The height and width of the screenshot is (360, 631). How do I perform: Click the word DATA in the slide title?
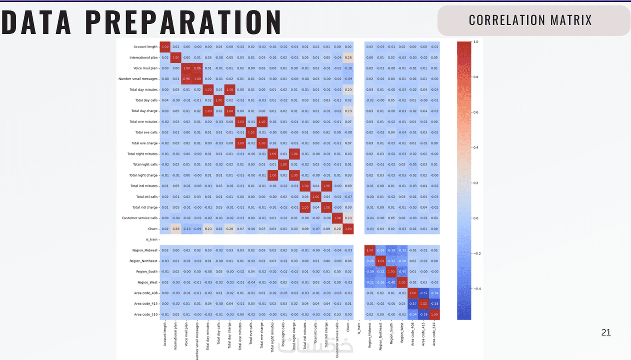coord(36,22)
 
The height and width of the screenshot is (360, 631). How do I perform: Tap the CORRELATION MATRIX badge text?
coord(530,20)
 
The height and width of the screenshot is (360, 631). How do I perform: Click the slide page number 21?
coord(606,333)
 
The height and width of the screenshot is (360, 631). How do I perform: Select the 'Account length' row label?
coord(146,47)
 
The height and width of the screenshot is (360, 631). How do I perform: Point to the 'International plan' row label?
coord(143,58)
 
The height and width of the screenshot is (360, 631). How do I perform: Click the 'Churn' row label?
coord(153,229)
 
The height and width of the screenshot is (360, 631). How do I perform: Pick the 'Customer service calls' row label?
coord(140,218)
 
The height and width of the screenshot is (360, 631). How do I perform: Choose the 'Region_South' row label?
coord(147,272)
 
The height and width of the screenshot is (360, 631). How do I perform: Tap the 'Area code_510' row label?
coord(146,314)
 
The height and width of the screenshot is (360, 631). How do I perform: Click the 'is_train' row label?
coord(151,240)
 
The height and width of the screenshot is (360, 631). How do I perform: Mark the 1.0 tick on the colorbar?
coord(476,42)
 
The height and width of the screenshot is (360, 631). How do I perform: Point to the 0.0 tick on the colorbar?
coord(476,218)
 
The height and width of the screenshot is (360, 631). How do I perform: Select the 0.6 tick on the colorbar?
coord(476,112)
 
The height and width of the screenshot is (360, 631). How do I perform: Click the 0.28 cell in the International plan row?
coord(348,58)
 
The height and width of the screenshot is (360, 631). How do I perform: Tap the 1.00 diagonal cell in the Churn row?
coord(348,229)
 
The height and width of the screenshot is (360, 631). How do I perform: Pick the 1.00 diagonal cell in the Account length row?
coord(165,47)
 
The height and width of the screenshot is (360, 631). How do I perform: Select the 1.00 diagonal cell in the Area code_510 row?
coord(434,314)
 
